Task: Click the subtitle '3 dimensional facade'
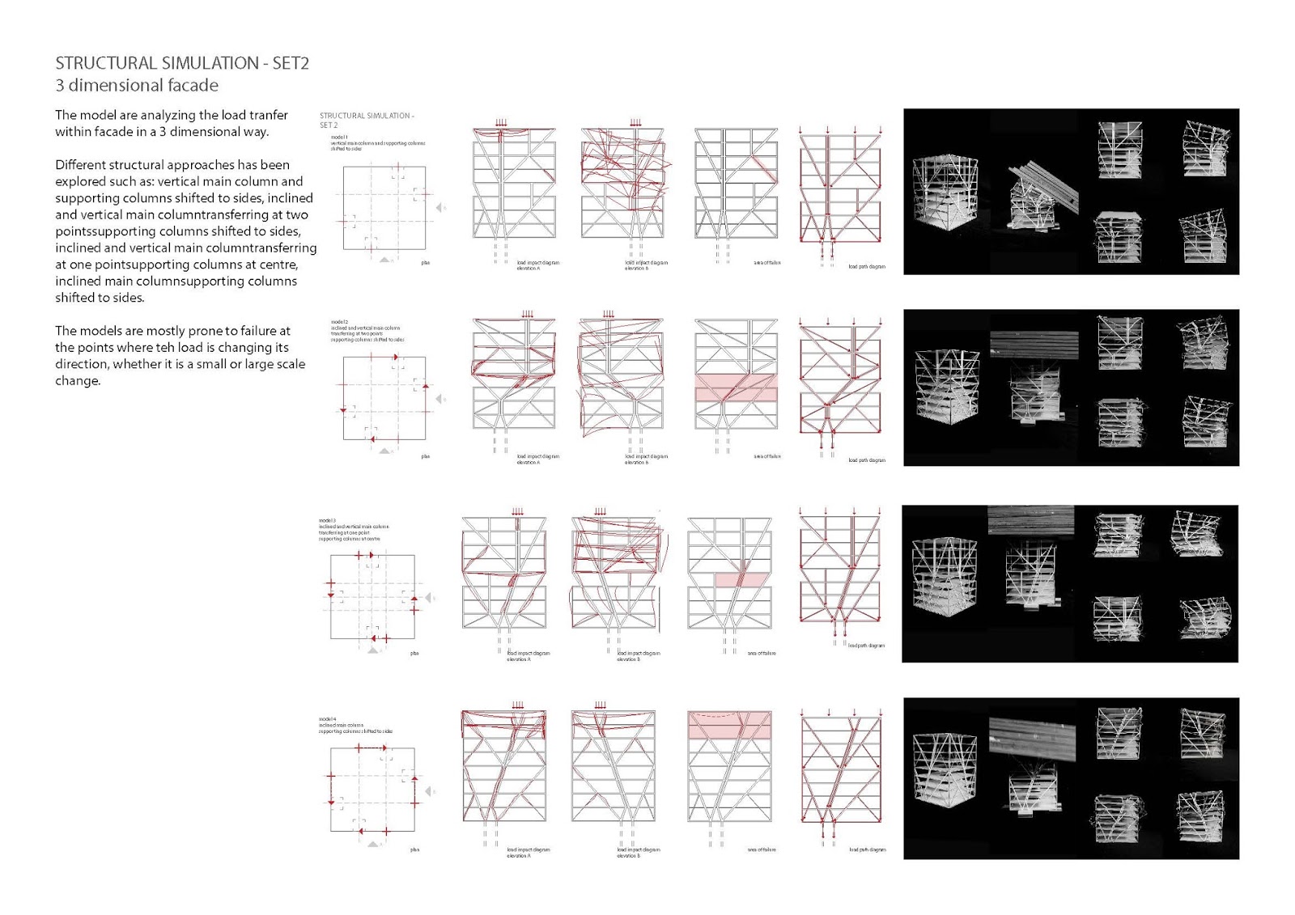tap(137, 86)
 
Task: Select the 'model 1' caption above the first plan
tap(339, 138)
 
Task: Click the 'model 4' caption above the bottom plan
tap(327, 718)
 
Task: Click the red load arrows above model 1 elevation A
tap(501, 123)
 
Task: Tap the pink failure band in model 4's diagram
tap(729, 725)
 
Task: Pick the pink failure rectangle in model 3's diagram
tap(741, 579)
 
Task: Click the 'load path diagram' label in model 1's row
tap(866, 266)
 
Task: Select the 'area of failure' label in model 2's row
tap(767, 456)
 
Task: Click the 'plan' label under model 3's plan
tap(414, 653)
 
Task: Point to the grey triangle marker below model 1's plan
tap(385, 260)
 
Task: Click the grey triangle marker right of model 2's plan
tap(440, 399)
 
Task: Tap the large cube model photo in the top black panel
tap(945, 193)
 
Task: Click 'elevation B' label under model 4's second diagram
tap(628, 855)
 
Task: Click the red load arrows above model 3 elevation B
tap(600, 511)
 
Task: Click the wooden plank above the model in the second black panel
tap(1034, 344)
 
